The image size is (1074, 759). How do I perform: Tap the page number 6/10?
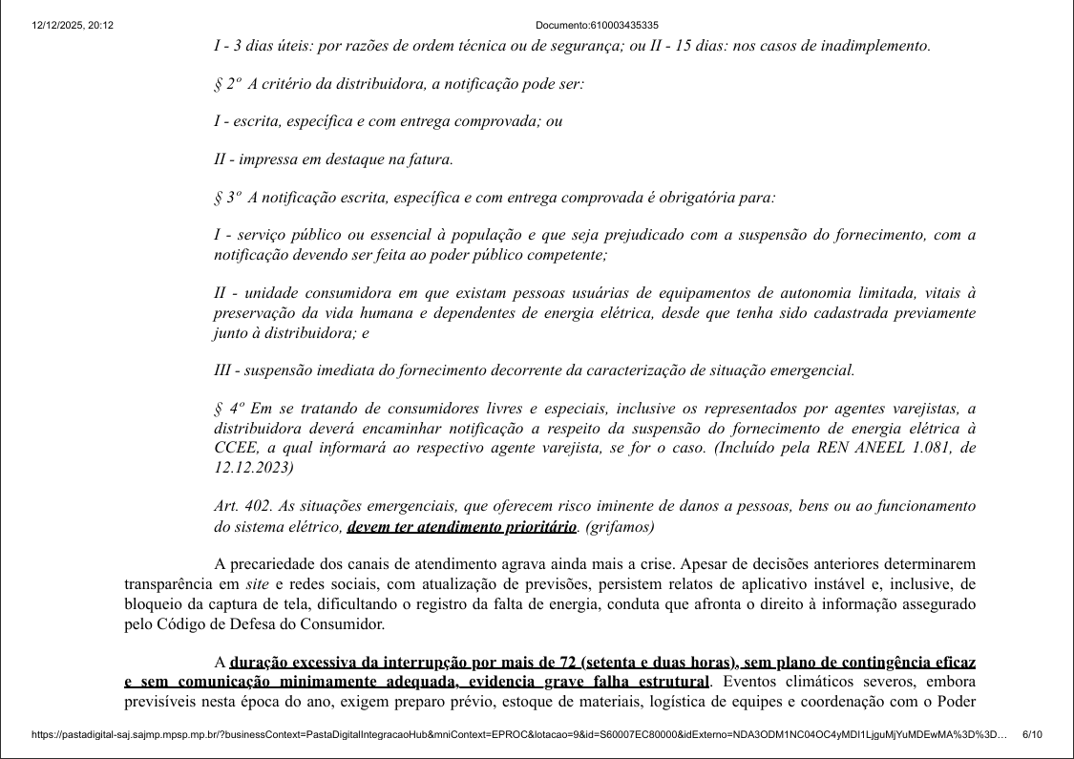coord(1032,734)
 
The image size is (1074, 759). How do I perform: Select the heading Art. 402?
coord(239,506)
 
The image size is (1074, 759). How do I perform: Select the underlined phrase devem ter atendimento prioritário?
coord(462,527)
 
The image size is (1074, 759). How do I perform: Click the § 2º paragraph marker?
coord(227,84)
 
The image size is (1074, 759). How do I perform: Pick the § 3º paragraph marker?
coord(227,198)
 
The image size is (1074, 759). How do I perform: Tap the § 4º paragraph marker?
coord(228,408)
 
